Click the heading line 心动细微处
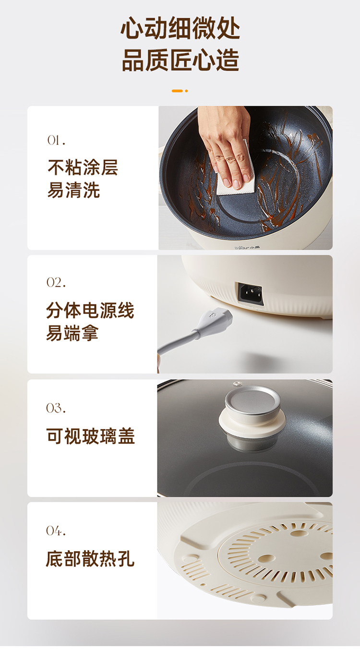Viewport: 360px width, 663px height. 180,28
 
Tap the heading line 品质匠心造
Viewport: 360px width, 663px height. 180,60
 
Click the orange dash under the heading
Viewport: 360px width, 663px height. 177,91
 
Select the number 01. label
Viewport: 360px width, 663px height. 56,140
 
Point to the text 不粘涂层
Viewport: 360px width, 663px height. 83,168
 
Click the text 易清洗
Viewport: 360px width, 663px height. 73,190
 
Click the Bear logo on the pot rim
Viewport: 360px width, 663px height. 247,247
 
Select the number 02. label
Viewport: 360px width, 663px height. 56,283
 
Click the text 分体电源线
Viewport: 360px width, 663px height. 90,310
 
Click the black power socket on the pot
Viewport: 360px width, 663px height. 251,294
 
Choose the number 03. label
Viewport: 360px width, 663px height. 56,408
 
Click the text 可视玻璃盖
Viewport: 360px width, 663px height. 91,436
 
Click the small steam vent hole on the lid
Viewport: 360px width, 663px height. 237,384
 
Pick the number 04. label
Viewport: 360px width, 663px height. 56,530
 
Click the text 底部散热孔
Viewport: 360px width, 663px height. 90,558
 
